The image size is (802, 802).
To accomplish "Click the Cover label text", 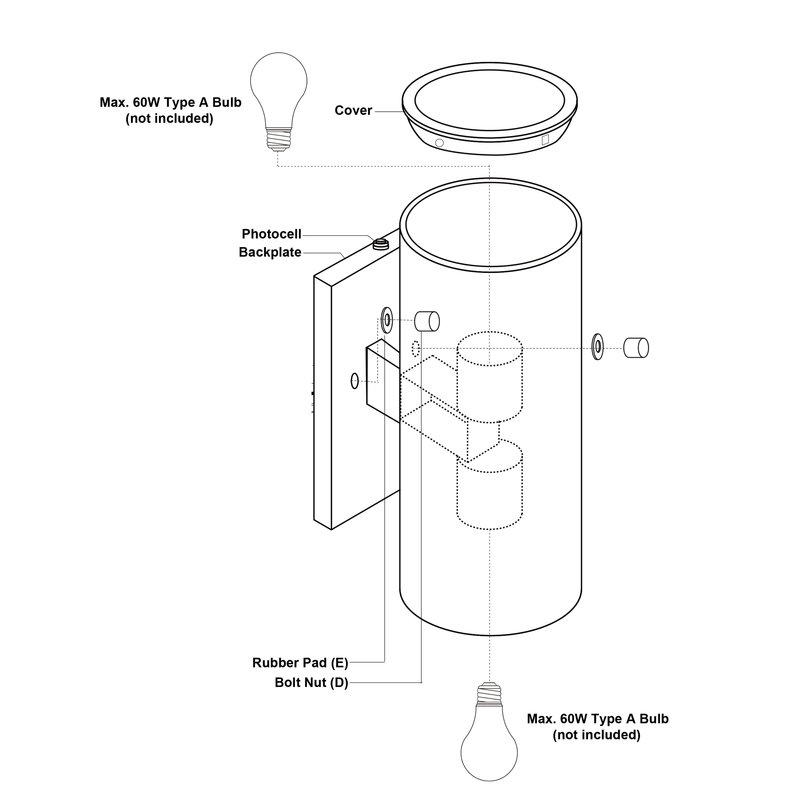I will point(353,110).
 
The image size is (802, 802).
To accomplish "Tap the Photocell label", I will point(272,234).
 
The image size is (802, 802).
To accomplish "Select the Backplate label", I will point(270,252).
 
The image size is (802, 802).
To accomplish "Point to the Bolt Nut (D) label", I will point(311,683).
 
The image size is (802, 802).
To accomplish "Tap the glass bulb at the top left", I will point(279,83).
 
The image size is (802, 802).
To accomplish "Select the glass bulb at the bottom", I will point(489,751).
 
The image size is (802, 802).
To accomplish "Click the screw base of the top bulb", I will point(279,138).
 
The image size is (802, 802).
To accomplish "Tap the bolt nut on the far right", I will point(636,348).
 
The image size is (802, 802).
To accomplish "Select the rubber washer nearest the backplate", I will point(387,320).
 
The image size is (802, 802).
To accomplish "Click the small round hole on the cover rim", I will point(439,143).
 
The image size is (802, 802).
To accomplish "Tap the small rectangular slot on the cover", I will point(545,140).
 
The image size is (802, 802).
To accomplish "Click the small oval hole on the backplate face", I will point(354,381).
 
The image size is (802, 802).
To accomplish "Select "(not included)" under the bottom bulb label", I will point(596,735).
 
